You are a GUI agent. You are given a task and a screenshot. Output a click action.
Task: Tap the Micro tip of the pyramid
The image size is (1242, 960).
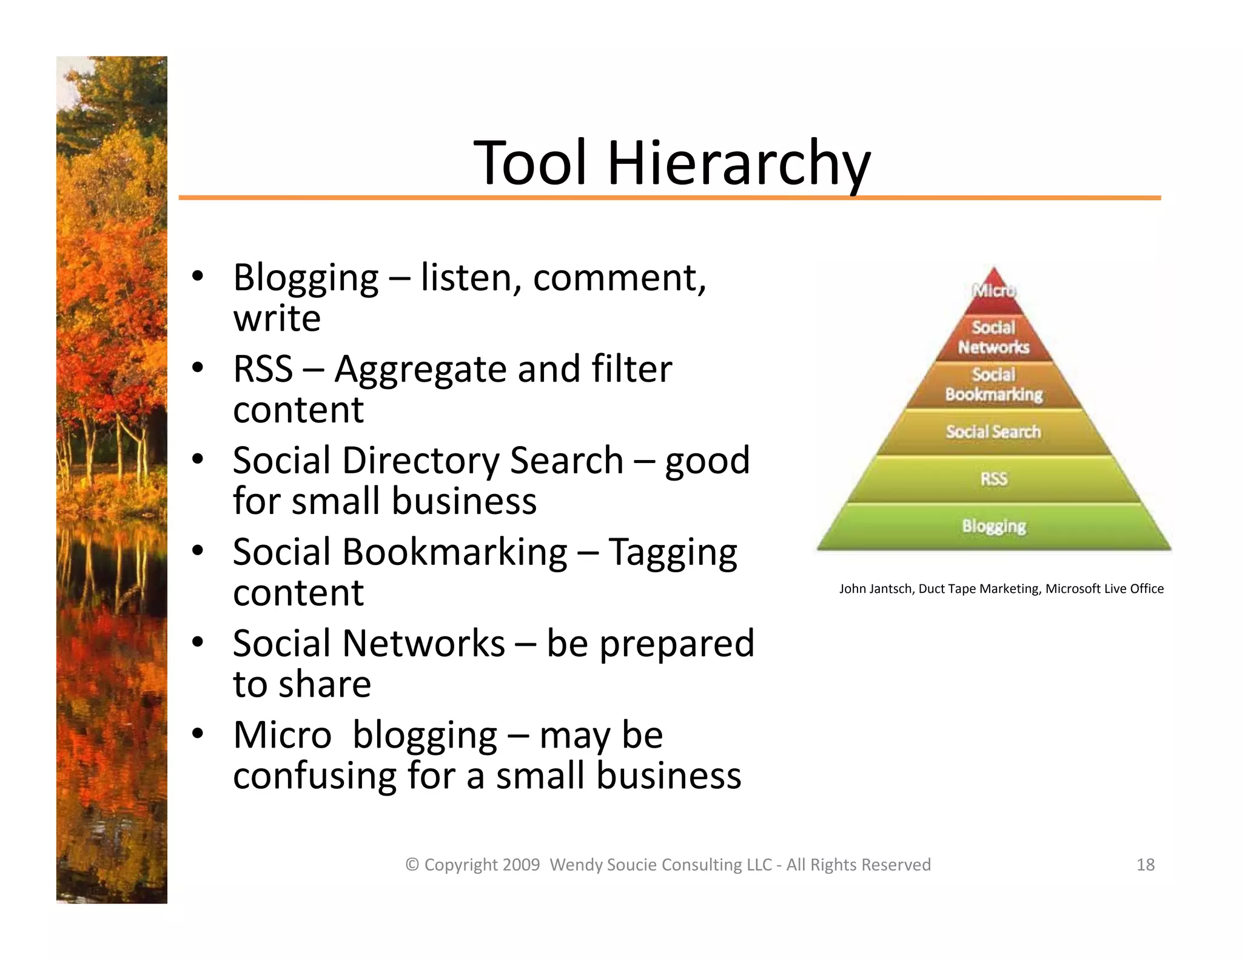993,290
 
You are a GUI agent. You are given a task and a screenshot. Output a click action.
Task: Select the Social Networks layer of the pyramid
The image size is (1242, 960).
993,337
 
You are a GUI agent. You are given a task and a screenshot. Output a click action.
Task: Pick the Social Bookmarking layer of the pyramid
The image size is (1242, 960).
993,385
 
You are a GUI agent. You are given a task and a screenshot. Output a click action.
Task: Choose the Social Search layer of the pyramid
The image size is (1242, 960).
993,431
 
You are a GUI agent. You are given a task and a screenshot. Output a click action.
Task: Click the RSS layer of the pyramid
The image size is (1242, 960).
993,479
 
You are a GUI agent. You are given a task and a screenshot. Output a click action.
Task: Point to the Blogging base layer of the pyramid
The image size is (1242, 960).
993,526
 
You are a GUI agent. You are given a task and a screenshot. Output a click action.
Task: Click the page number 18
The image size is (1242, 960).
1145,865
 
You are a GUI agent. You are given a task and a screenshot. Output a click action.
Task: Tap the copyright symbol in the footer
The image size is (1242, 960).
412,865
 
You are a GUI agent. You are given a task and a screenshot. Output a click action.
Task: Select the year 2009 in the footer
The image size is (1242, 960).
521,865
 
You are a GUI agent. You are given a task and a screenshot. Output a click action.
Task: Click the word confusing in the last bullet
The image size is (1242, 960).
315,776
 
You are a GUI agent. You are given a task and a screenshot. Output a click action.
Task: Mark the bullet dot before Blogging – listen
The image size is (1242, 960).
197,277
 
